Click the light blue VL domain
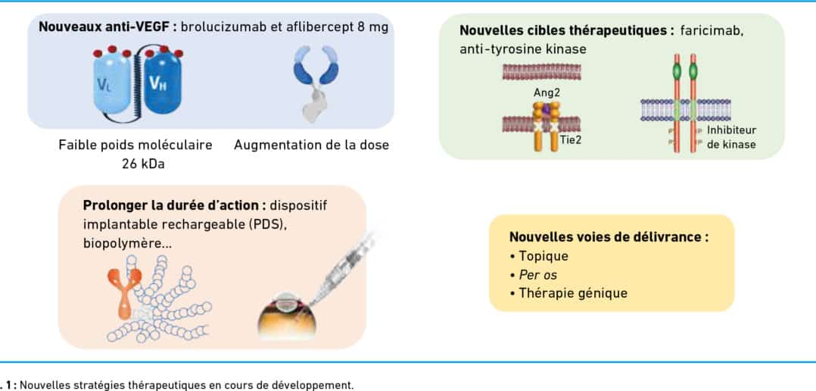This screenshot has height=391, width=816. tap(112, 83)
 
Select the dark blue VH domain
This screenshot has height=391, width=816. tap(162, 83)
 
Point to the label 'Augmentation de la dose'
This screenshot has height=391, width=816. tap(311, 145)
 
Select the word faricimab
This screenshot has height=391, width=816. tap(712, 31)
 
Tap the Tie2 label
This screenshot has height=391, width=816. tap(571, 140)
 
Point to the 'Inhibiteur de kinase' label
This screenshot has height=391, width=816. tap(731, 137)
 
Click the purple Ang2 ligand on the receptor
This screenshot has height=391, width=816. tap(546, 109)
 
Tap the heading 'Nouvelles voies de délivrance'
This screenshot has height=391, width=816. tap(609, 237)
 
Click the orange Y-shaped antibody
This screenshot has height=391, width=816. tap(124, 292)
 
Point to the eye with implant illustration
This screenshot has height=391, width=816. tap(287, 316)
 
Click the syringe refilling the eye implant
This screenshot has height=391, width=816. tap(342, 268)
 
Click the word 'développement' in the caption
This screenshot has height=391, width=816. tap(319, 386)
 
